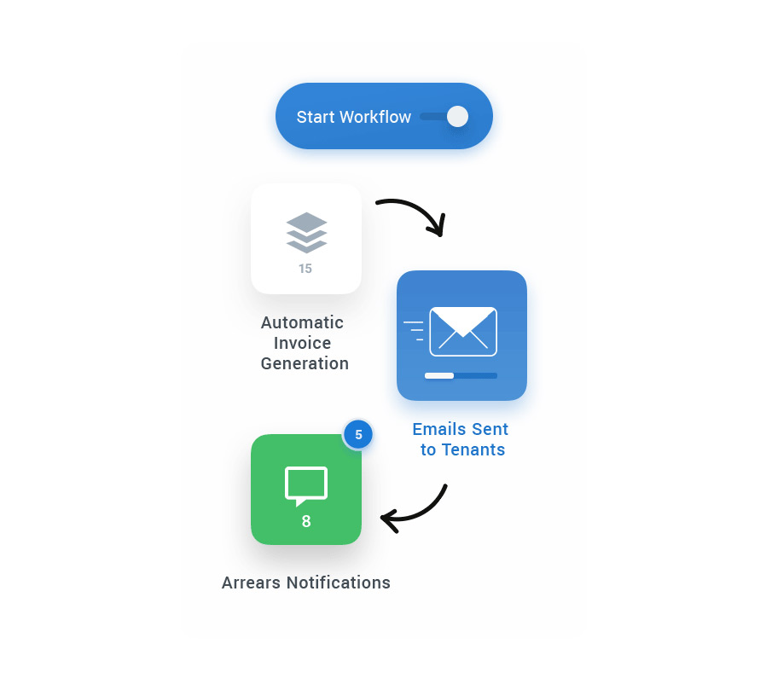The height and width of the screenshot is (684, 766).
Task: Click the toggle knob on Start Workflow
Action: [x=458, y=117]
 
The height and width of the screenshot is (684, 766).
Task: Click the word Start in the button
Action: [x=316, y=117]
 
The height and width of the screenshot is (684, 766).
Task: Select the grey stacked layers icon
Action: [x=306, y=232]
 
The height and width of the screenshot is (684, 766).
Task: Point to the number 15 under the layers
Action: [x=305, y=269]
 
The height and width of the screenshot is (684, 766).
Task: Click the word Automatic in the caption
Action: [x=302, y=322]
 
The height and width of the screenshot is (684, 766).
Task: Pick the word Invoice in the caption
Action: [x=302, y=343]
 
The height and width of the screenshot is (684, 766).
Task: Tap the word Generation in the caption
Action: [x=305, y=363]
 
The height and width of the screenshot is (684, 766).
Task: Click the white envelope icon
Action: [x=462, y=331]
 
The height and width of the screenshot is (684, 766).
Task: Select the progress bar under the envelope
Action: [x=461, y=375]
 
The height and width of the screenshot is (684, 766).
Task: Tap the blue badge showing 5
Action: [x=358, y=435]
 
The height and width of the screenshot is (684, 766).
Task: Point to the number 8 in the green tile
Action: [x=306, y=521]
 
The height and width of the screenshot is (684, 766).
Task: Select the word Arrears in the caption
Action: [x=251, y=583]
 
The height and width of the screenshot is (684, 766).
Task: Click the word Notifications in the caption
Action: [x=338, y=583]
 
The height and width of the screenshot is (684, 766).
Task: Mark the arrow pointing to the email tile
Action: [x=414, y=213]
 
